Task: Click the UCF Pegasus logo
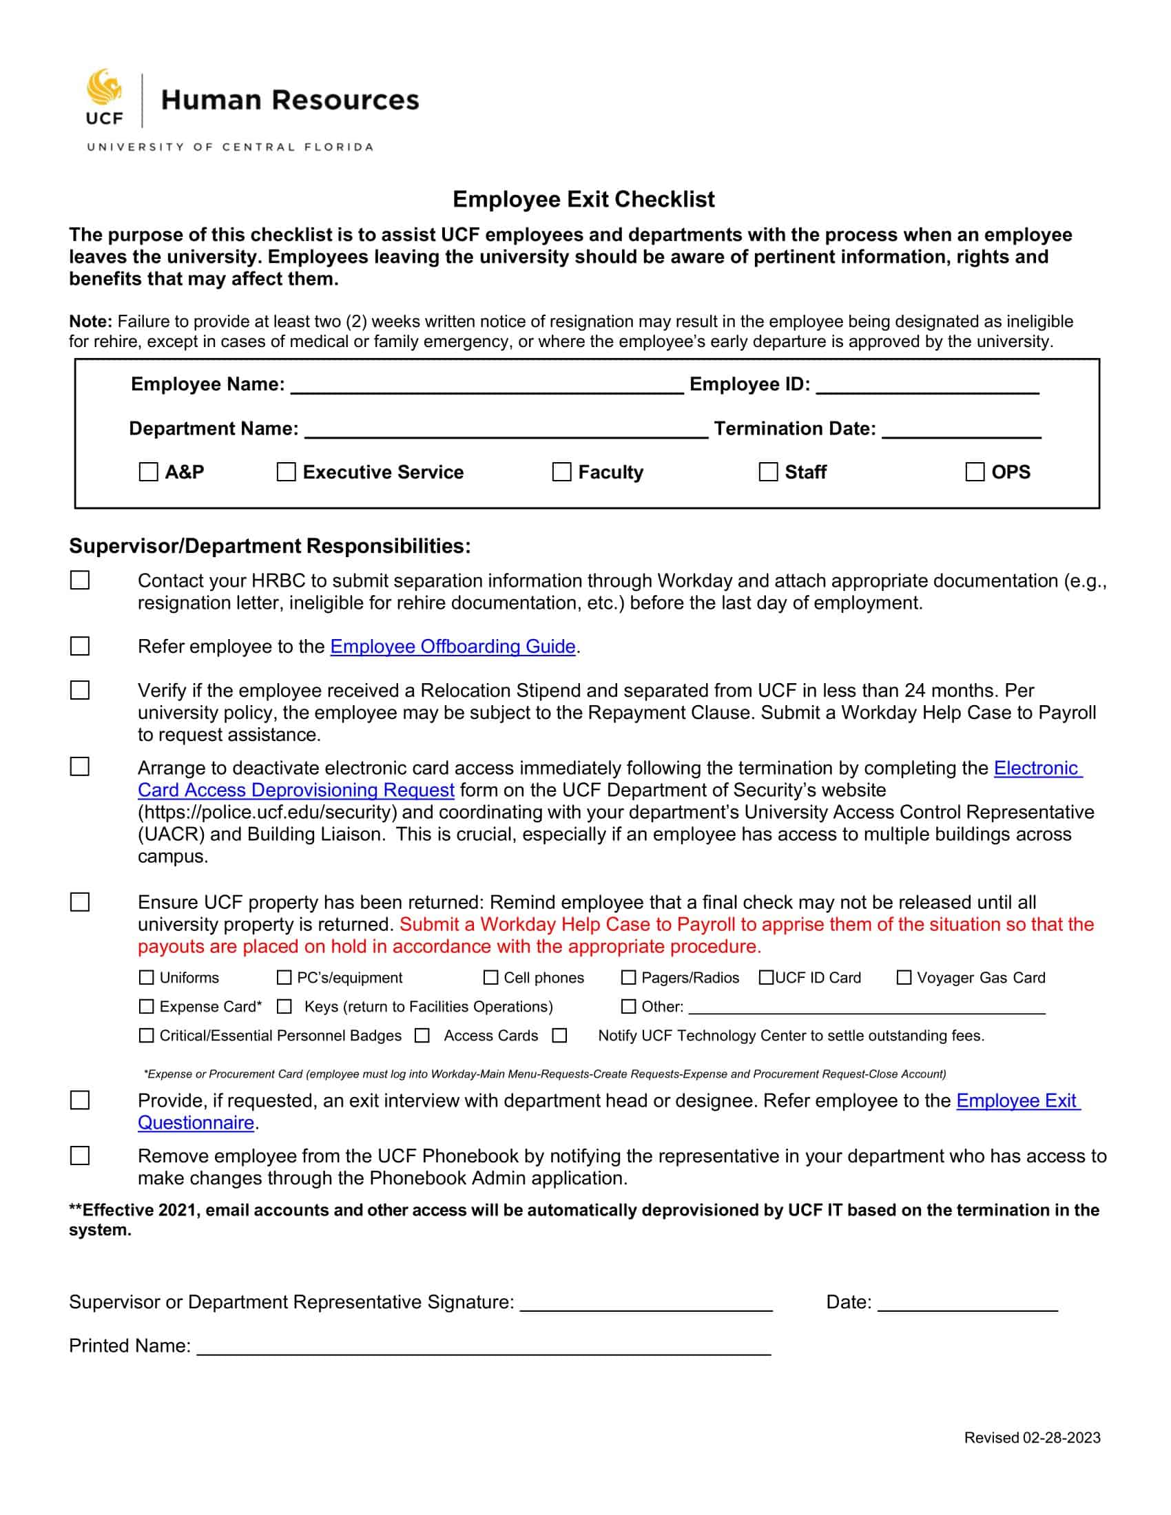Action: pyautogui.click(x=104, y=97)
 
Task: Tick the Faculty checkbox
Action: pyautogui.click(x=561, y=472)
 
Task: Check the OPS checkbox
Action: pyautogui.click(x=975, y=472)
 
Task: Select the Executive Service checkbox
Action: pyautogui.click(x=286, y=472)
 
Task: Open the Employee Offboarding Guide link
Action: pyautogui.click(x=453, y=647)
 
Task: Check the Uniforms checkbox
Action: pyautogui.click(x=146, y=977)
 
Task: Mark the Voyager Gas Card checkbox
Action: pyautogui.click(x=904, y=977)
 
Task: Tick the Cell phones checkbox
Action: pyautogui.click(x=490, y=977)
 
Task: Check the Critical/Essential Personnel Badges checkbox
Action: pyautogui.click(x=146, y=1036)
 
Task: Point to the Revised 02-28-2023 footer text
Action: pyautogui.click(x=1032, y=1438)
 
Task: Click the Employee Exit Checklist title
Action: pyautogui.click(x=583, y=199)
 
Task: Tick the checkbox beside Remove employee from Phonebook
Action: pyautogui.click(x=80, y=1156)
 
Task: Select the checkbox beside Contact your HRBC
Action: pyautogui.click(x=80, y=580)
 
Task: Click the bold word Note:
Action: pyautogui.click(x=90, y=321)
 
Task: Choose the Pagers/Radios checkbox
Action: pyautogui.click(x=628, y=977)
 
